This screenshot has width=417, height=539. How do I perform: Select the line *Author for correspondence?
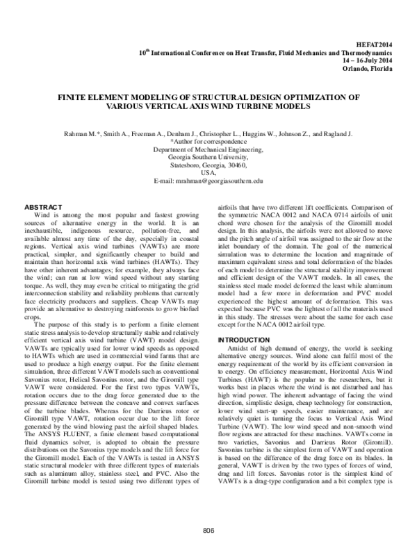tap(208, 141)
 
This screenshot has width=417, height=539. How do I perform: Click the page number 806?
tap(208, 531)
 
